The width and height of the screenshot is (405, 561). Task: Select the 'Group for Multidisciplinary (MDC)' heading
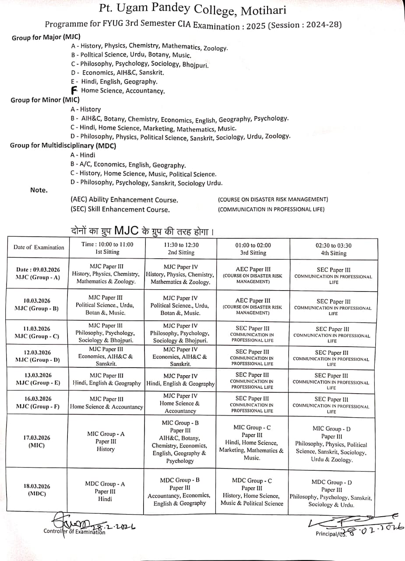click(x=63, y=146)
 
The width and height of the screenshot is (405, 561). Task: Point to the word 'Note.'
click(x=39, y=190)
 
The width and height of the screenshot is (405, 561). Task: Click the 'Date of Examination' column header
click(x=39, y=247)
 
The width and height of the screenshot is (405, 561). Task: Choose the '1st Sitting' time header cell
click(x=107, y=248)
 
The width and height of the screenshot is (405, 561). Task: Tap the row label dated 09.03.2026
click(x=38, y=273)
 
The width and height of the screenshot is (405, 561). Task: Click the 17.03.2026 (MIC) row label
click(x=37, y=441)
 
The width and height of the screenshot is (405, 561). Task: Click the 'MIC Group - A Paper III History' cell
click(x=106, y=441)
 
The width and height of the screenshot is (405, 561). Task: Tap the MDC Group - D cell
click(x=331, y=493)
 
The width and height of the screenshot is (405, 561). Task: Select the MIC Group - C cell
click(x=252, y=443)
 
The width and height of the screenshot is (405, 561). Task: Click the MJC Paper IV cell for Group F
click(x=180, y=403)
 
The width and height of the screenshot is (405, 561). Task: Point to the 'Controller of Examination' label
click(x=74, y=532)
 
